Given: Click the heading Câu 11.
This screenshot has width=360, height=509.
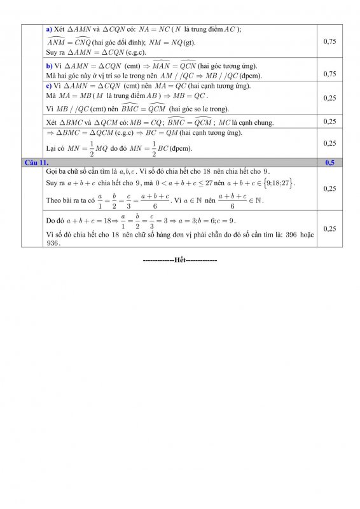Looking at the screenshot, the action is (x=36, y=163).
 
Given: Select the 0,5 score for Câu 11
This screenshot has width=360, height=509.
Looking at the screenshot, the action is (x=329, y=163).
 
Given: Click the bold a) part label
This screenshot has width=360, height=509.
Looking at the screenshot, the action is (x=50, y=29).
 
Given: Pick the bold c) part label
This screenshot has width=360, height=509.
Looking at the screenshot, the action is (x=50, y=86).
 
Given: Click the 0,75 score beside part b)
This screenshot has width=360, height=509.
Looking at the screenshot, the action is (x=329, y=74).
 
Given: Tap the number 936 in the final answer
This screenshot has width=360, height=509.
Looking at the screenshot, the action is (x=53, y=242).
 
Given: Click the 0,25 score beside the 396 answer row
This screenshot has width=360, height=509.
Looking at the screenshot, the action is (x=329, y=228).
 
